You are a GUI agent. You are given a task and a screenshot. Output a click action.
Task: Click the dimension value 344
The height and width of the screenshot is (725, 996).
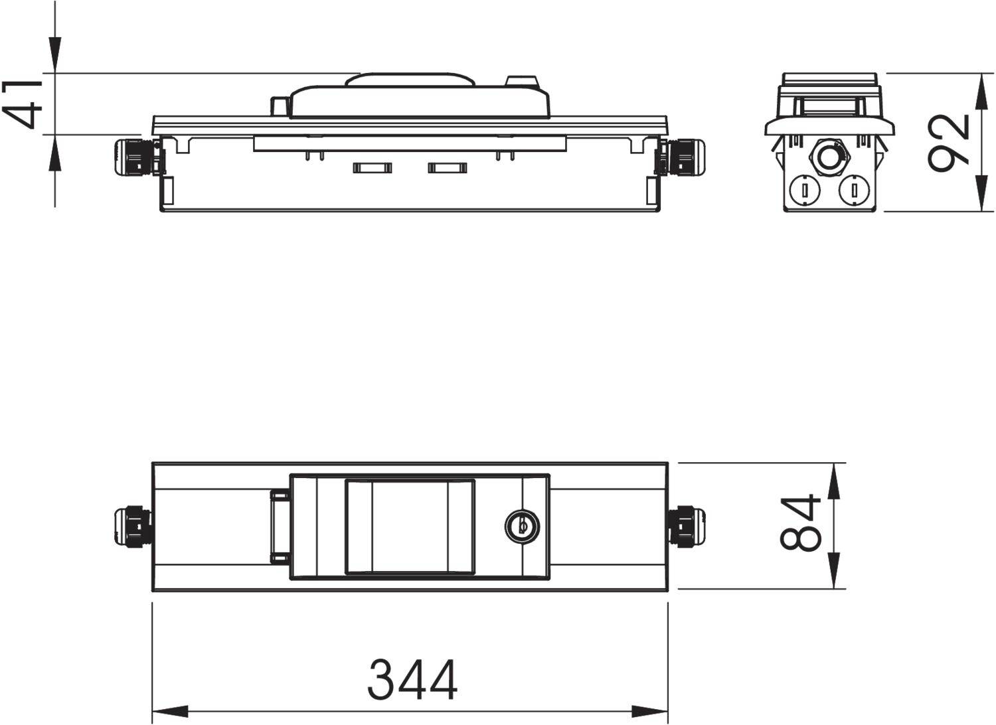point(412,679)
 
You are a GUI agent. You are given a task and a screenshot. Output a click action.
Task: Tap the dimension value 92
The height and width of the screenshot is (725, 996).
point(948,143)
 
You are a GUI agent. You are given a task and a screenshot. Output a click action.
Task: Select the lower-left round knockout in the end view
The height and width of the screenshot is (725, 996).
point(804,191)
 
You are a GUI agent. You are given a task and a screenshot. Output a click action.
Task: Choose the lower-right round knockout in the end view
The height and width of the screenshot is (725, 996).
point(853,191)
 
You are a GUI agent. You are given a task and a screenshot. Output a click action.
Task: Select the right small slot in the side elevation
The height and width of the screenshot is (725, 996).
point(446,168)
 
